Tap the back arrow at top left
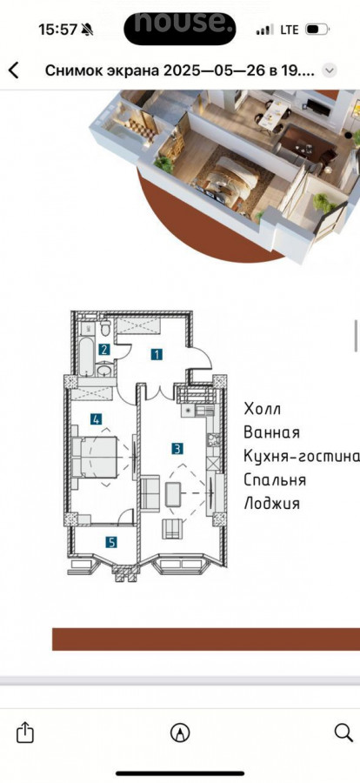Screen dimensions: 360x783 coord(14,70)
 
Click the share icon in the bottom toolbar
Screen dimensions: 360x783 coord(25,733)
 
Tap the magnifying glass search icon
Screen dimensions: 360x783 coord(343,733)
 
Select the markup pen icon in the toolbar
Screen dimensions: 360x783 coord(180,733)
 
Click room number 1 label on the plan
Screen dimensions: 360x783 coord(157,355)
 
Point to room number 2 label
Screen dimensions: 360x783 coord(103,350)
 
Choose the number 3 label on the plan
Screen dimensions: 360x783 coord(177,448)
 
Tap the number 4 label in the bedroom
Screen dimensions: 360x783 coord(97,419)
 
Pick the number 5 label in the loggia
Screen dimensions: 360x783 coord(110,542)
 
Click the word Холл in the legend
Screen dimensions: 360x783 coord(262,409)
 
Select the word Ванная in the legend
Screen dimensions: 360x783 coord(271,432)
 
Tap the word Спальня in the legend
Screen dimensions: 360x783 coord(275,480)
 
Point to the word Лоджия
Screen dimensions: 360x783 coord(271,504)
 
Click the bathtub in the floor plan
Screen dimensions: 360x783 coord(87,357)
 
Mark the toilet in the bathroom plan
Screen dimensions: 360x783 coord(105,329)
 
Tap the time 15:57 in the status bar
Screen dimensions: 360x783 coord(58,30)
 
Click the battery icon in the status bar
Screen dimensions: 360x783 coord(317,30)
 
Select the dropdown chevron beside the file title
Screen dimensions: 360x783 coord(329,71)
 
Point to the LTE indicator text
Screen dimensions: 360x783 coord(289,30)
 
